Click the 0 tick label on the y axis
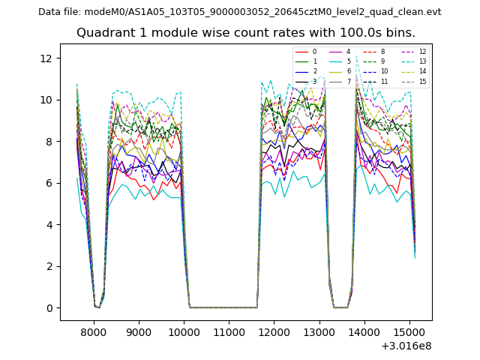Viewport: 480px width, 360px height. pos(50,308)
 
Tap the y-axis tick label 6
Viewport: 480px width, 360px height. pos(50,183)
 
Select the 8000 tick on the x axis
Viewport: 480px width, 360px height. pos(94,330)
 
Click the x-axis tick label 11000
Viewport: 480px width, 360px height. pos(229,330)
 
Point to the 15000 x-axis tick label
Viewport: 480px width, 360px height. pos(409,330)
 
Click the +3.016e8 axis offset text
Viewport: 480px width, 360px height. pos(405,346)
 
